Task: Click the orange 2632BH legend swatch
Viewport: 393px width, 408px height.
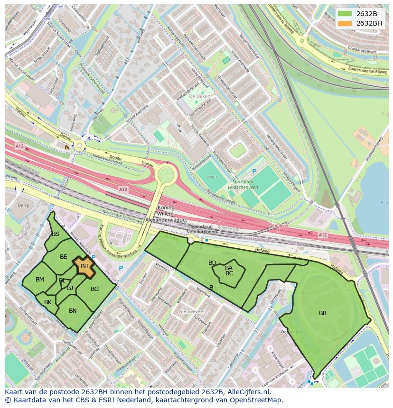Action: pyautogui.click(x=345, y=23)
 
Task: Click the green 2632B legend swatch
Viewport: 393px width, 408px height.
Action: pyautogui.click(x=345, y=13)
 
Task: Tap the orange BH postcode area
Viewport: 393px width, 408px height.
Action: pyautogui.click(x=84, y=267)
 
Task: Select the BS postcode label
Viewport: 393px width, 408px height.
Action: pyautogui.click(x=56, y=234)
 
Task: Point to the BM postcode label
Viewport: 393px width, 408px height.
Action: pyautogui.click(x=40, y=280)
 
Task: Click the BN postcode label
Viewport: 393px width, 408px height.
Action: pyautogui.click(x=73, y=311)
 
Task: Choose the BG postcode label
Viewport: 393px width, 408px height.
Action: pyautogui.click(x=94, y=289)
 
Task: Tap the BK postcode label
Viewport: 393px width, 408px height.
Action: pyautogui.click(x=48, y=302)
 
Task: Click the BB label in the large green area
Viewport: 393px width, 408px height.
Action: pyautogui.click(x=323, y=313)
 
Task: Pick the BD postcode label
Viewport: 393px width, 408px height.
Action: pyautogui.click(x=212, y=263)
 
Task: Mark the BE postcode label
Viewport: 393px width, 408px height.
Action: pyautogui.click(x=64, y=257)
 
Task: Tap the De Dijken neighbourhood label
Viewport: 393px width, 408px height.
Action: pyautogui.click(x=199, y=96)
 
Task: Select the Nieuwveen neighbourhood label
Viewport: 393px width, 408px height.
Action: pyautogui.click(x=192, y=311)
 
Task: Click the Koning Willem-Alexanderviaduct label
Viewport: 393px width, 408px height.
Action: pyautogui.click(x=166, y=214)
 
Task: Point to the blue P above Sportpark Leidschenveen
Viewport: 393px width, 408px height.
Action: pyautogui.click(x=254, y=172)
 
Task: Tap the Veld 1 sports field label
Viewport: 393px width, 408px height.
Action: pyautogui.click(x=211, y=177)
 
